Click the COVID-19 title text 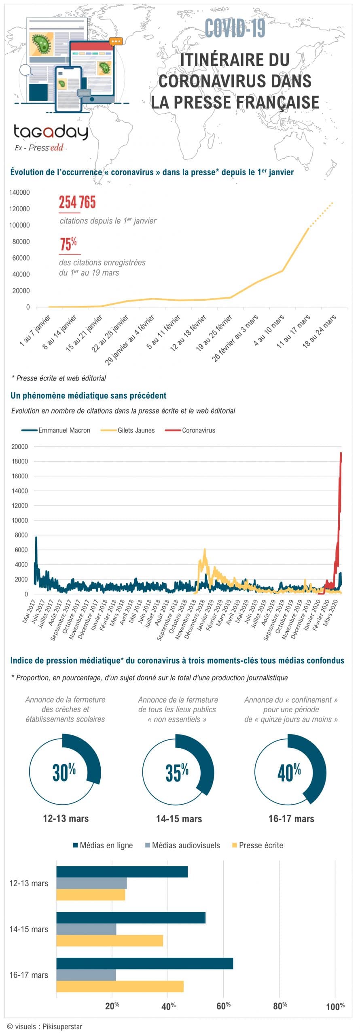coord(235,28)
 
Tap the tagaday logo coord(51,132)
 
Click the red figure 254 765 coord(77,202)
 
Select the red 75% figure coord(68,244)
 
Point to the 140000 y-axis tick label coord(19,193)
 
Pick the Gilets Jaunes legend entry coord(127,430)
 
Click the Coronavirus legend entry coord(190,430)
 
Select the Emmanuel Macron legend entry coord(56,430)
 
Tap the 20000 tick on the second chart coord(19,447)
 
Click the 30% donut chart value coord(64,772)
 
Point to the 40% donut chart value coord(289,772)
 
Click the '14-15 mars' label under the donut coord(179,819)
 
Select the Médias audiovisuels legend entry coord(182,845)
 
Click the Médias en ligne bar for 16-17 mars coord(144,964)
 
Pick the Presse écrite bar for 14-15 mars coord(110,941)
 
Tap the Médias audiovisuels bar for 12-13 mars coord(91,883)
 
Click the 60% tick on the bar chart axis coord(224,1006)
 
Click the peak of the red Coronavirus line coord(341,453)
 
